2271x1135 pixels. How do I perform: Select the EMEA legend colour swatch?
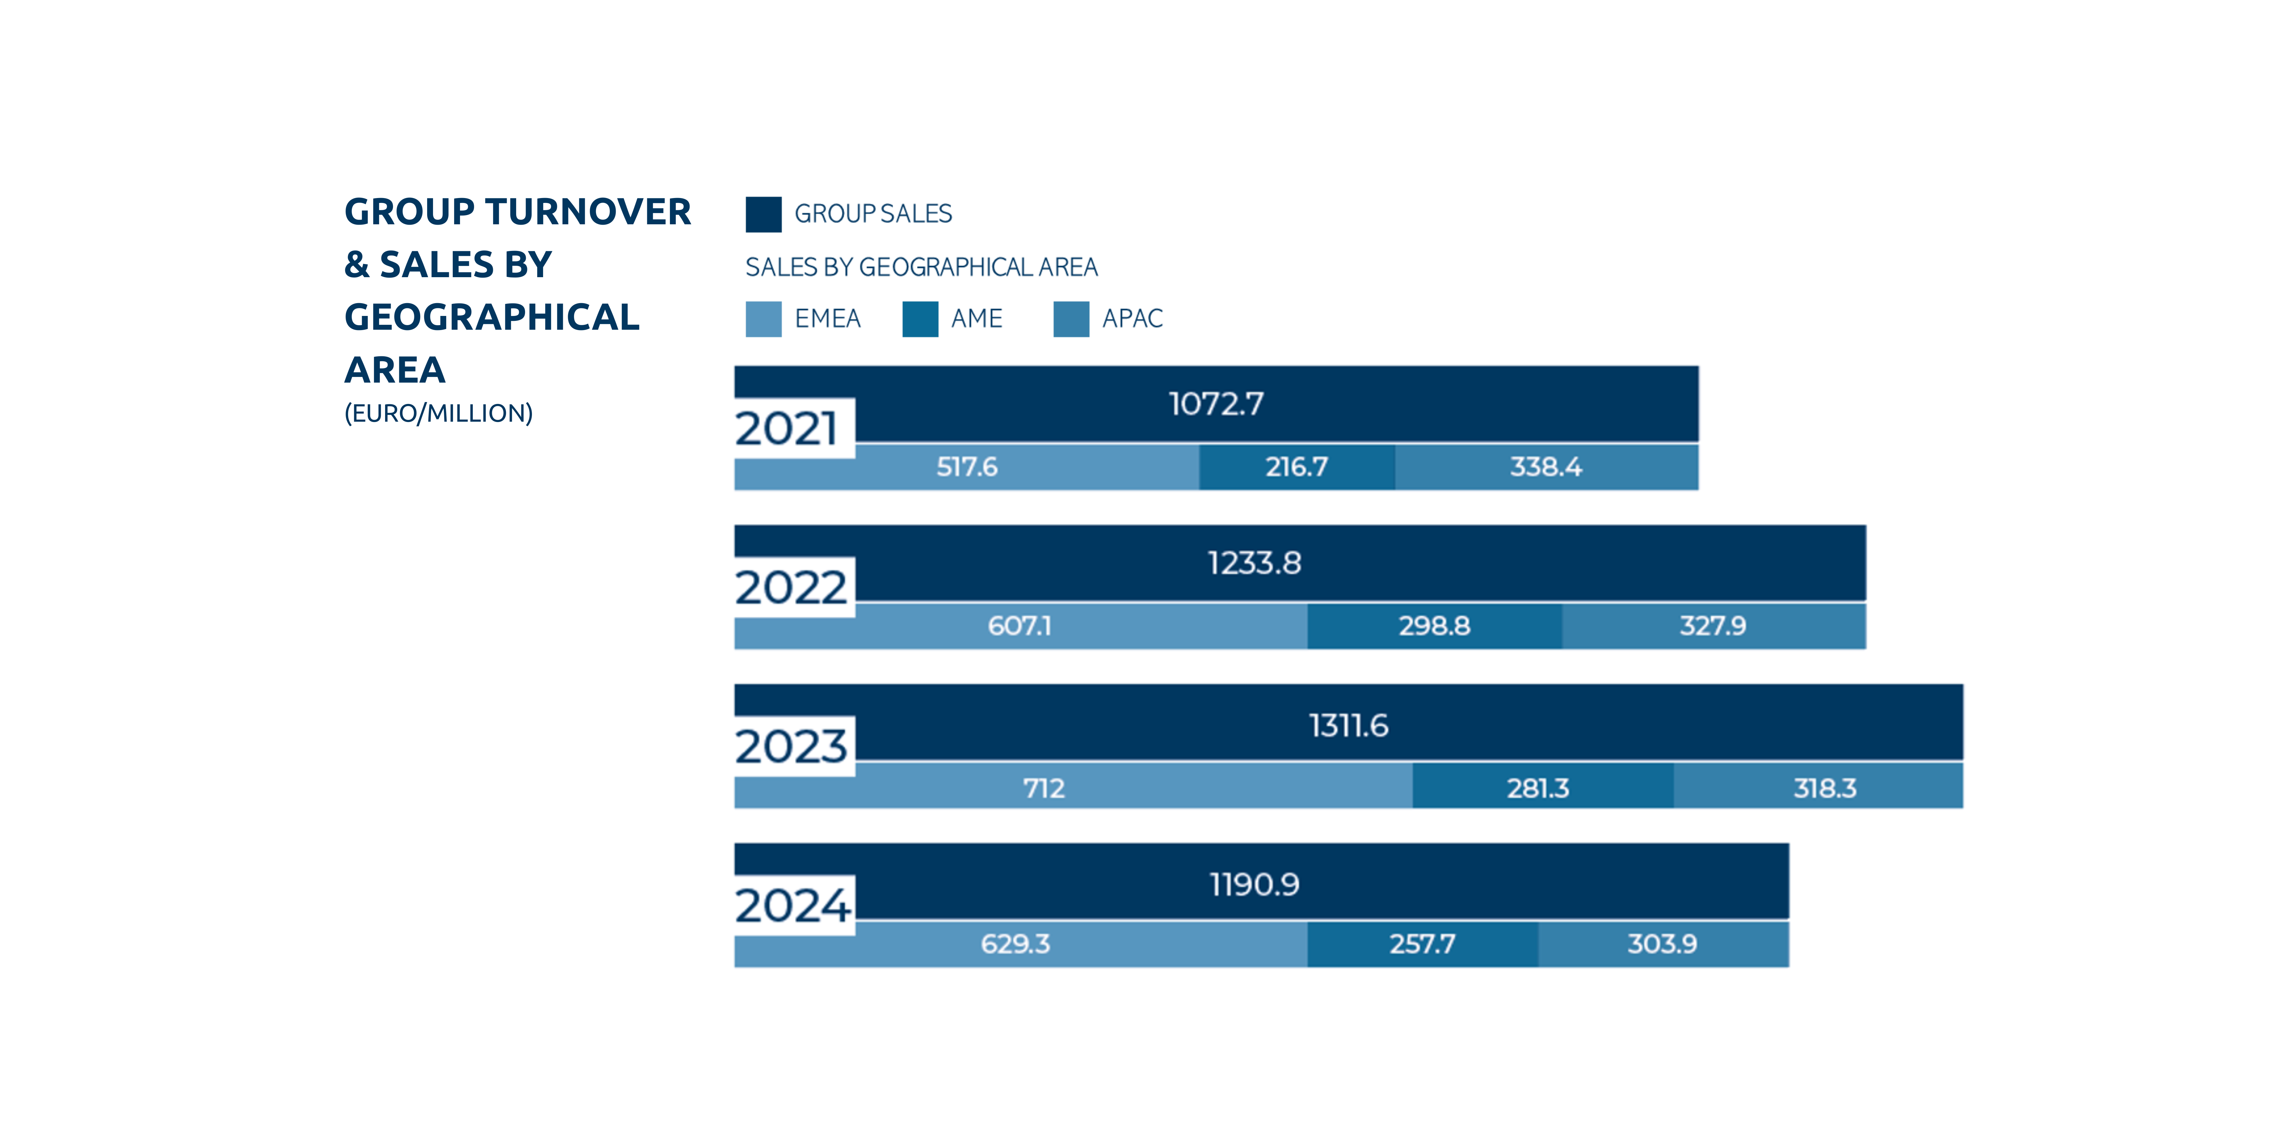point(764,319)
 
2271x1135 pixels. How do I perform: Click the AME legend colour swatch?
point(920,319)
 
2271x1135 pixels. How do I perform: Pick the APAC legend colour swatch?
point(1071,319)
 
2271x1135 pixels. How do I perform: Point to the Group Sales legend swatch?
point(764,214)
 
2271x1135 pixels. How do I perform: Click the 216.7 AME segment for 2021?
point(1297,467)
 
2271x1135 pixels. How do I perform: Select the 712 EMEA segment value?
point(1044,788)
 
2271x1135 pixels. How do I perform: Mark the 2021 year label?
point(786,429)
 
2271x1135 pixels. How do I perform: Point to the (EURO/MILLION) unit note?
point(438,413)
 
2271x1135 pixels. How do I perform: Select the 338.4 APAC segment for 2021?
point(1546,467)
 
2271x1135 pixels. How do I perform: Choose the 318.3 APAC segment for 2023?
point(1825,788)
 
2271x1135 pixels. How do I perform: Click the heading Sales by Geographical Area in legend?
point(921,267)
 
